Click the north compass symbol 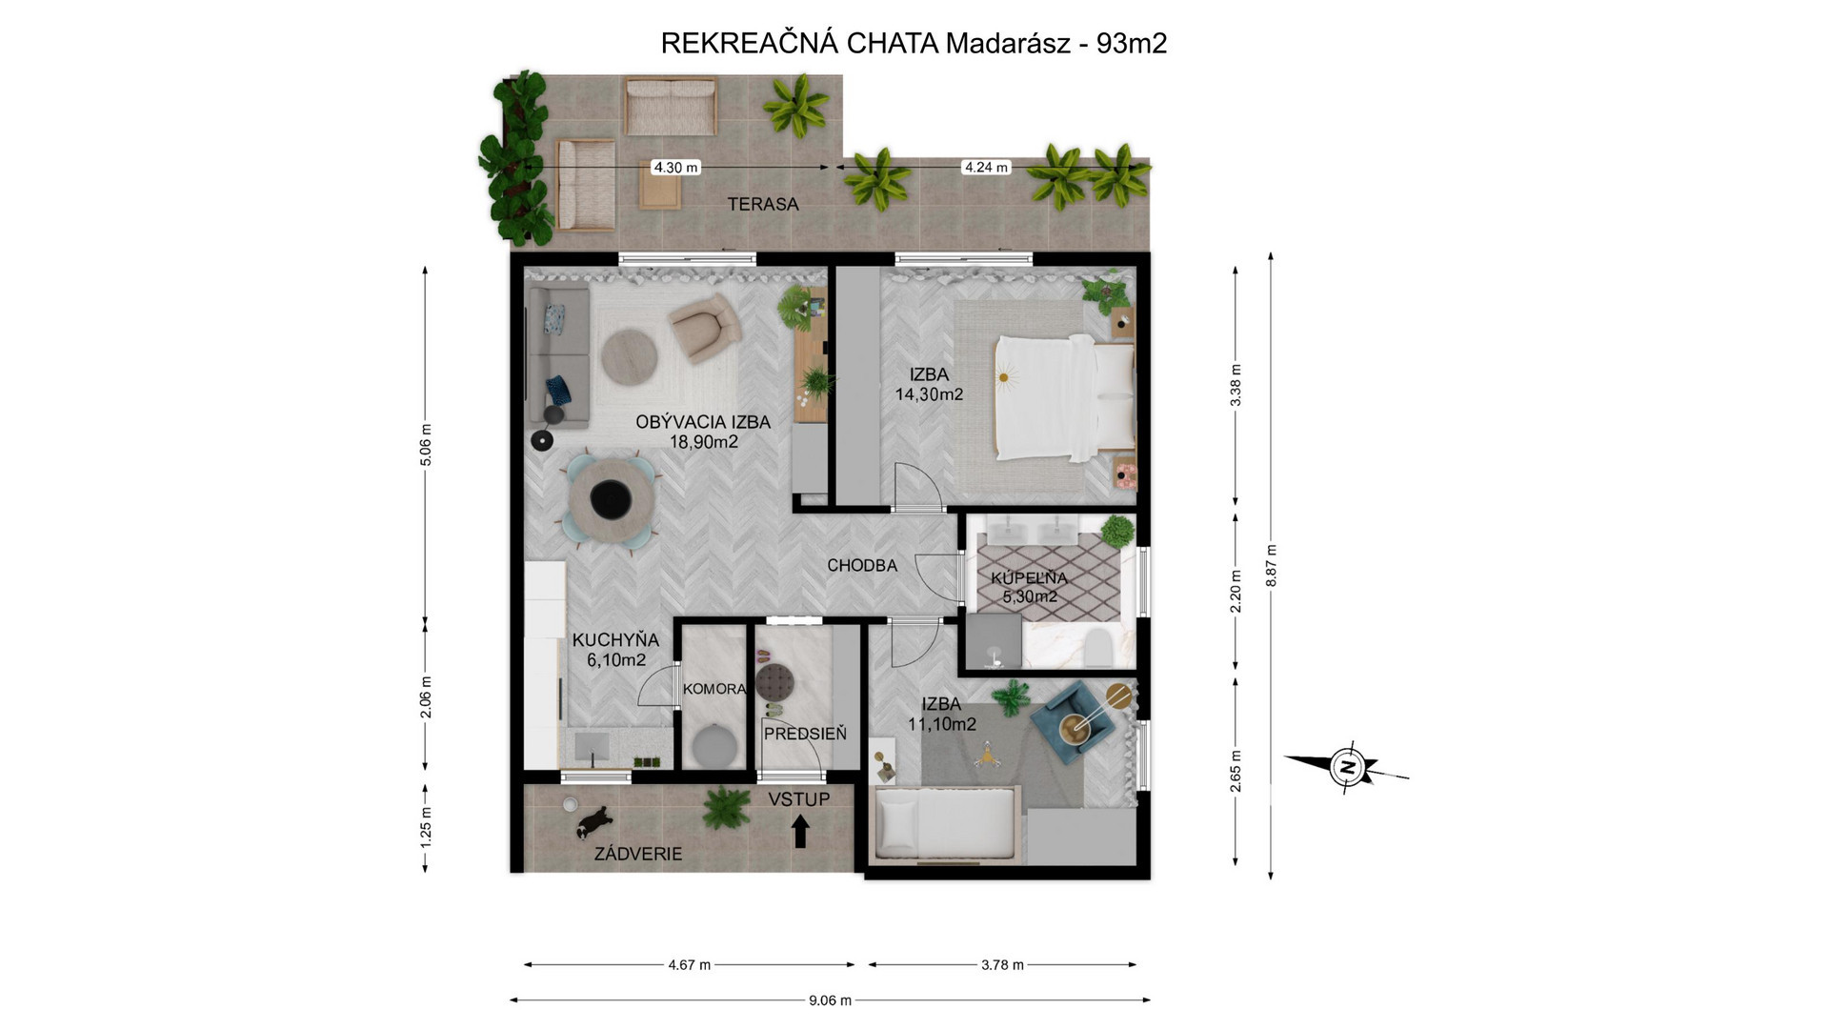pyautogui.click(x=1345, y=767)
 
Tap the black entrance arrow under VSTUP pyautogui.click(x=800, y=831)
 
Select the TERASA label pyautogui.click(x=763, y=204)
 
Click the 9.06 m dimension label pyautogui.click(x=830, y=1000)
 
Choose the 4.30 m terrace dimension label pyautogui.click(x=675, y=168)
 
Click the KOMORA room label pyautogui.click(x=715, y=689)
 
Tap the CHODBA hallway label pyautogui.click(x=862, y=565)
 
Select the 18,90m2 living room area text pyautogui.click(x=704, y=442)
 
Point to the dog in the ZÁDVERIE pyautogui.click(x=593, y=820)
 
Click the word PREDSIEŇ pyautogui.click(x=805, y=734)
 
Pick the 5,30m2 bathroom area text pyautogui.click(x=1030, y=597)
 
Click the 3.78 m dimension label pyautogui.click(x=1002, y=964)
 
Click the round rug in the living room pyautogui.click(x=627, y=356)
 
